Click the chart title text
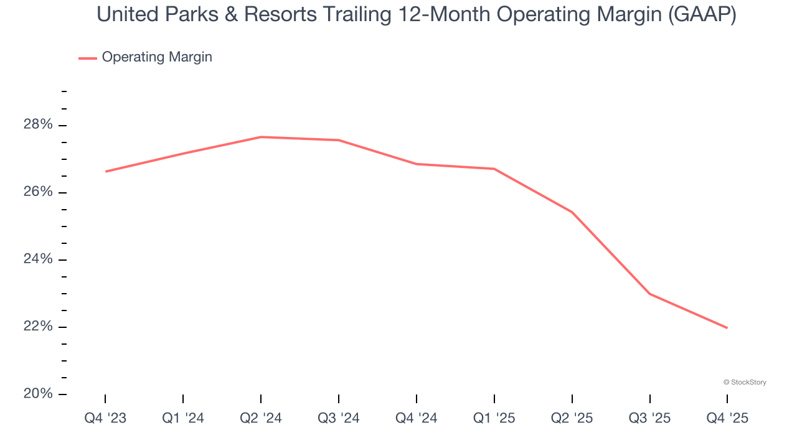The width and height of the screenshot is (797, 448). (417, 15)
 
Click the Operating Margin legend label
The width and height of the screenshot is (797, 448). (157, 57)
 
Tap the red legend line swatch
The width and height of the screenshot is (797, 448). (88, 58)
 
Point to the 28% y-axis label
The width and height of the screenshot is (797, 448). (38, 125)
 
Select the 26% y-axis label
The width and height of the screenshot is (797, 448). (38, 192)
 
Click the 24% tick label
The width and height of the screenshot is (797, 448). (38, 259)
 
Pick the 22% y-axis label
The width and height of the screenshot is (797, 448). (38, 327)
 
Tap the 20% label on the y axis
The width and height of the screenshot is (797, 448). (38, 394)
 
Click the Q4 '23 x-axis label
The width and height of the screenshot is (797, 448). (105, 419)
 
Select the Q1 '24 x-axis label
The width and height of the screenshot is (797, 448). (183, 419)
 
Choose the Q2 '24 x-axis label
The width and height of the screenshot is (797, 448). (261, 419)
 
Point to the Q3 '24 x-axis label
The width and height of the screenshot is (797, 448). (339, 419)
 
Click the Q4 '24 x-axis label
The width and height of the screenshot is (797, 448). (417, 419)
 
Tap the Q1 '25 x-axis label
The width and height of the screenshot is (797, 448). (494, 419)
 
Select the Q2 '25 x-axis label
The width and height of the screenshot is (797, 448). (572, 419)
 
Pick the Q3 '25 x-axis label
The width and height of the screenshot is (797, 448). (650, 419)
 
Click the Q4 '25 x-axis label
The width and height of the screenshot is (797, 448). (727, 419)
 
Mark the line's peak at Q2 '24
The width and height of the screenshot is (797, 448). (261, 137)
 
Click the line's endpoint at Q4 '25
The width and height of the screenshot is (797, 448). (727, 328)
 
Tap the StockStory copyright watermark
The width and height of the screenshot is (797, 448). (745, 382)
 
